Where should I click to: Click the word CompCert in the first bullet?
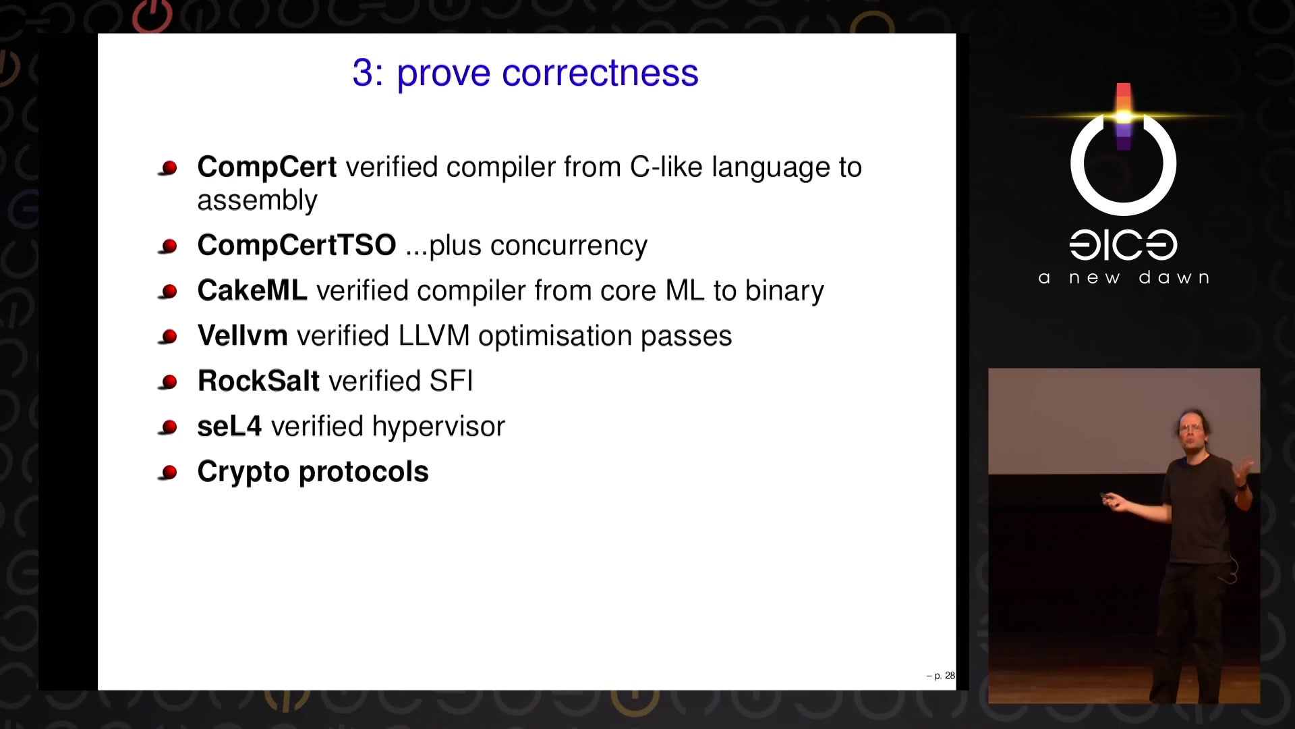pos(266,167)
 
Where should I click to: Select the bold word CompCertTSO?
pos(297,245)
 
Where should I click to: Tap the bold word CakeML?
pos(252,290)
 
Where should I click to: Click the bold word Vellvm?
pos(242,335)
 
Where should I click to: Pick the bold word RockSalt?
pos(258,381)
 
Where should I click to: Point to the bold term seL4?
pos(229,426)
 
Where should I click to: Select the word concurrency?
pos(569,246)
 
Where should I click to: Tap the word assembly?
pos(257,201)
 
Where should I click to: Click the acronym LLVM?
pos(434,335)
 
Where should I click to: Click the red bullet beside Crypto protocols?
pos(168,473)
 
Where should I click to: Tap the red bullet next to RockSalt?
pos(168,382)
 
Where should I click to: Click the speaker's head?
pos(1191,428)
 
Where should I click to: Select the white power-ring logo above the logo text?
pos(1123,164)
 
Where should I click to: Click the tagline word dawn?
pos(1174,277)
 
